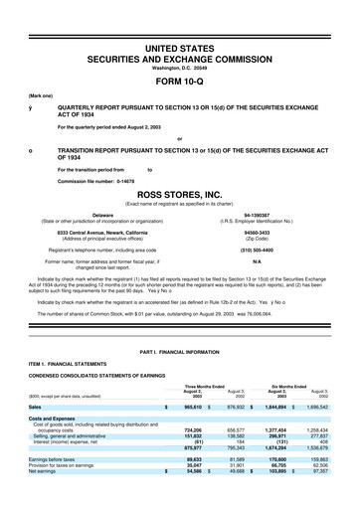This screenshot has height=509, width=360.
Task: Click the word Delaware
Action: [102, 214]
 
